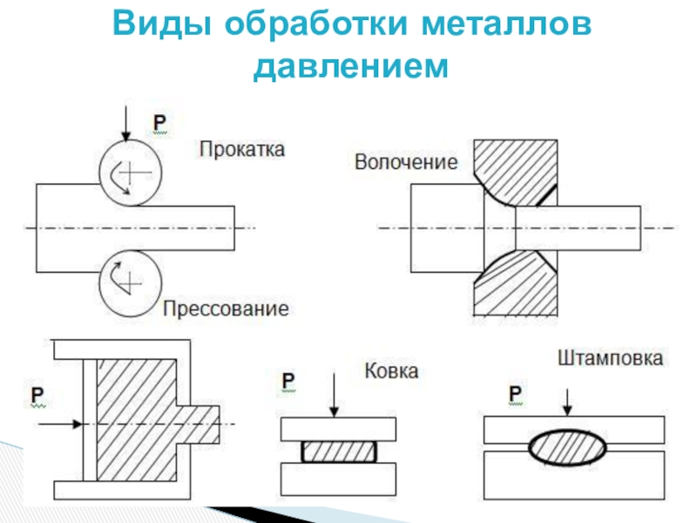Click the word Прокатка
click(241, 149)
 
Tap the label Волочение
click(406, 162)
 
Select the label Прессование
click(226, 308)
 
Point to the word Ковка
click(391, 371)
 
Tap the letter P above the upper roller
click(161, 123)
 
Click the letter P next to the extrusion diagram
click(39, 393)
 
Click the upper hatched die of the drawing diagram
click(516, 170)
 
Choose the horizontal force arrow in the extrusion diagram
click(61, 424)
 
